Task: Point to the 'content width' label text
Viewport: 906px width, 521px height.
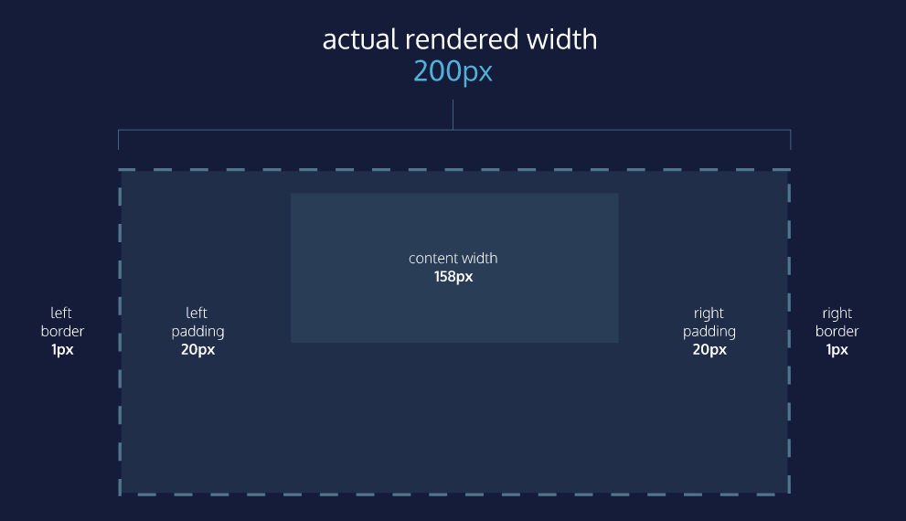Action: coord(453,259)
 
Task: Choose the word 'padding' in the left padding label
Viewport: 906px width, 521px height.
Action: coord(198,332)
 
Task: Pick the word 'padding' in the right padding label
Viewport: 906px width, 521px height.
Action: coord(709,332)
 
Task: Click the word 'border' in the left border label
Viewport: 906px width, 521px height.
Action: coord(62,332)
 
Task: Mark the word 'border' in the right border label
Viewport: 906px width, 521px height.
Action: coord(837,332)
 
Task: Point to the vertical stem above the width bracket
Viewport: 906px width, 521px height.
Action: coord(453,114)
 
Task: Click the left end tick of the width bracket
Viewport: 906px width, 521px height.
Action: coord(119,140)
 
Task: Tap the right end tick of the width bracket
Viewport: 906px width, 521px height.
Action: coord(790,140)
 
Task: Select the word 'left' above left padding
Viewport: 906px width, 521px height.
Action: coord(197,314)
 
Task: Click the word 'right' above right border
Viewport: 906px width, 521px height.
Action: coord(837,314)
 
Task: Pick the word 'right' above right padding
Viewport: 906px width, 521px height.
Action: coord(709,314)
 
